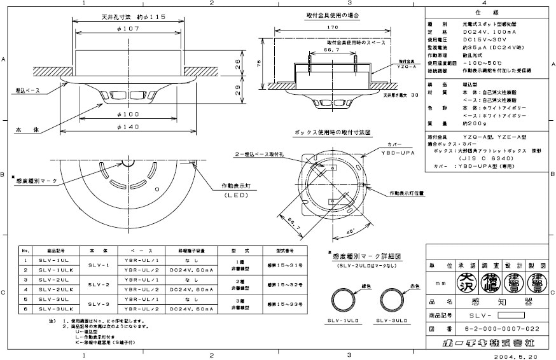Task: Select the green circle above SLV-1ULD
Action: point(348,299)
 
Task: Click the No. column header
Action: point(25,251)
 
